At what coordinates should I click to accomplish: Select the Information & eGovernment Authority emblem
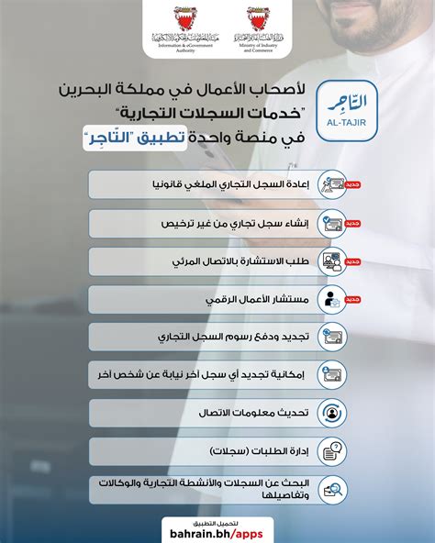point(179,20)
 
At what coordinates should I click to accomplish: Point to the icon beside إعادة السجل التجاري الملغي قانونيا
point(332,184)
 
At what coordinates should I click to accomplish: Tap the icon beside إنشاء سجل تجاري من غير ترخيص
point(332,223)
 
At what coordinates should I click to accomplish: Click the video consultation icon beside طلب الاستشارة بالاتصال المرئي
point(332,261)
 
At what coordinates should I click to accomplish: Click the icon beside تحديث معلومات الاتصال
point(332,413)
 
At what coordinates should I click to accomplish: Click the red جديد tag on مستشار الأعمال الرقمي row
point(353,299)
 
